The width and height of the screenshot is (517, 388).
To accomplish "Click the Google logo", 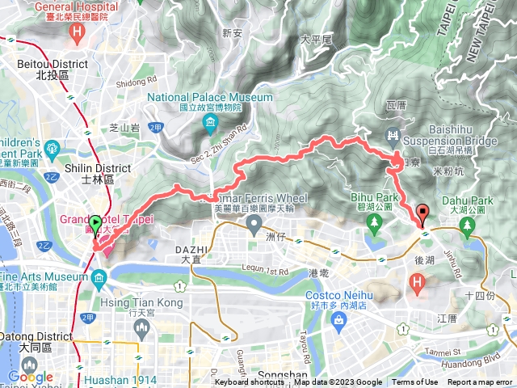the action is click(30, 377).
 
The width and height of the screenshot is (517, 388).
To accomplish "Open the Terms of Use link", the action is click(414, 382).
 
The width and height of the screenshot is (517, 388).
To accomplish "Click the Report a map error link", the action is click(480, 382).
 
